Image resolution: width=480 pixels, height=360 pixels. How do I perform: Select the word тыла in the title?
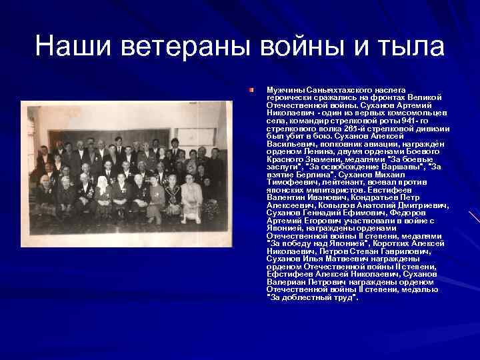click(x=407, y=47)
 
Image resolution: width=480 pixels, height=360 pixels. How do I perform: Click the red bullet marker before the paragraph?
click(x=252, y=88)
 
